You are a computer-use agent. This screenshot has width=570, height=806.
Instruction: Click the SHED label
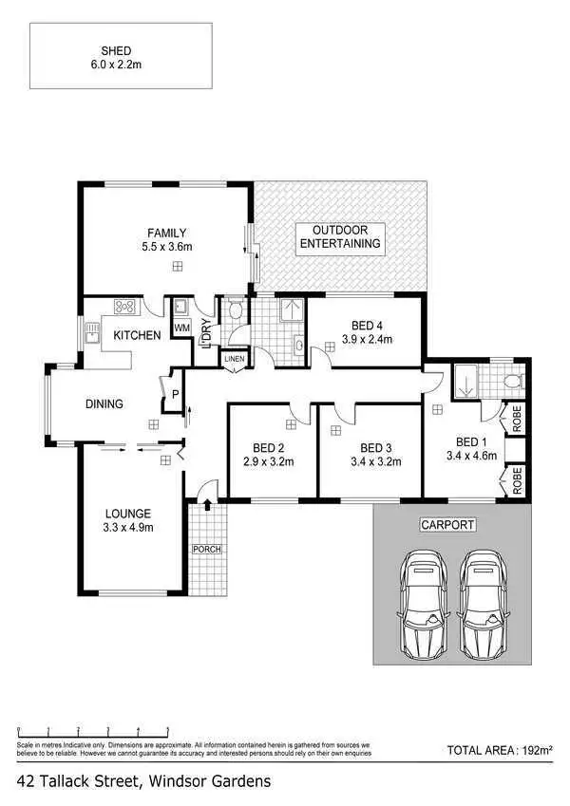(x=120, y=49)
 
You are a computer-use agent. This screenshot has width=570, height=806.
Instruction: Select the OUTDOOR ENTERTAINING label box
(x=340, y=237)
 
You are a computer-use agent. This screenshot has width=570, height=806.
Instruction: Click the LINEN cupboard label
(x=233, y=359)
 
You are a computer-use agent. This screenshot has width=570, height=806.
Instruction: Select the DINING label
(x=104, y=404)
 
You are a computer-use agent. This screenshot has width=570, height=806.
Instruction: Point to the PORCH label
(x=206, y=549)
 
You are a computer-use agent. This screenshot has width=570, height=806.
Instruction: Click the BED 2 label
(x=269, y=448)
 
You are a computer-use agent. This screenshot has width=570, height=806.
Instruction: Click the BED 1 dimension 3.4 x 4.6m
(x=470, y=457)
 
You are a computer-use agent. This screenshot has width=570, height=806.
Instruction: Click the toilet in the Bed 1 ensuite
(x=512, y=382)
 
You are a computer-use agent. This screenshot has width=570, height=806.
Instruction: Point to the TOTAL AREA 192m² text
(x=499, y=750)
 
